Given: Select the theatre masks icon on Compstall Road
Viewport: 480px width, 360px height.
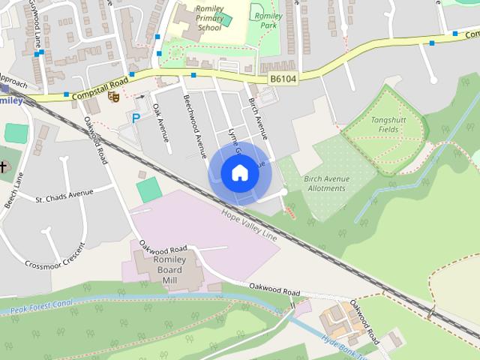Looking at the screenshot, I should (x=114, y=96).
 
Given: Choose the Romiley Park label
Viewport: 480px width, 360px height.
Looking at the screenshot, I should (x=268, y=21).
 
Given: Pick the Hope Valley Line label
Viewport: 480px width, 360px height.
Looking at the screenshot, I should (x=249, y=225).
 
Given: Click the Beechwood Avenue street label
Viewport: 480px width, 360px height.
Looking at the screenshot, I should (x=194, y=125).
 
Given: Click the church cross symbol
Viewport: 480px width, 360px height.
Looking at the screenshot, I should (x=4, y=166).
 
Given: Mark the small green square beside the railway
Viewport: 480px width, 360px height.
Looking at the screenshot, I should (x=149, y=189).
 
